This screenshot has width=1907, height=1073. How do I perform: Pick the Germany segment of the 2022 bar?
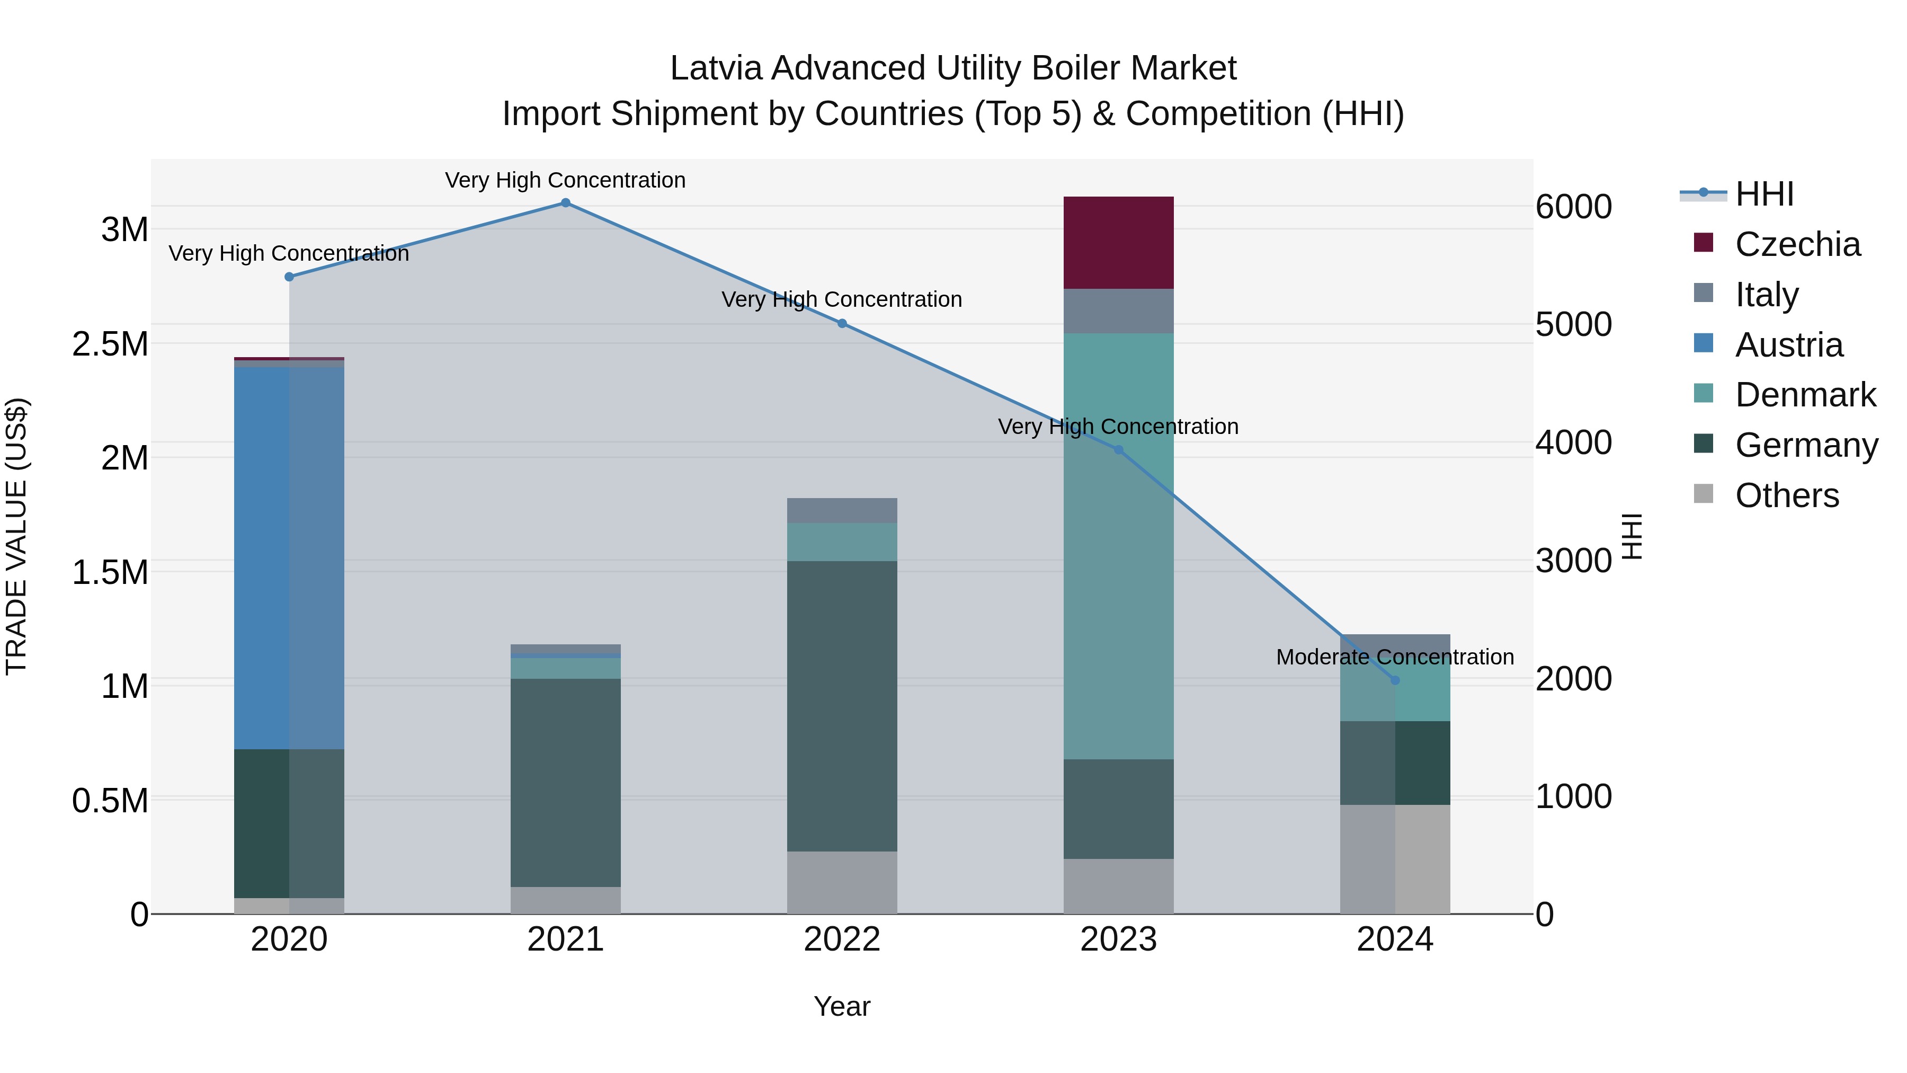[x=842, y=706]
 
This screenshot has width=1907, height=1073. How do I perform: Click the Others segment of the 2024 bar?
[x=1395, y=859]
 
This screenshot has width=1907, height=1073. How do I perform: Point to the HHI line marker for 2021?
[x=566, y=203]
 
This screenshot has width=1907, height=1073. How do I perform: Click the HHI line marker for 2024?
[x=1395, y=680]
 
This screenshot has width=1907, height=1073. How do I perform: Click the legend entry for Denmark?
[x=1804, y=395]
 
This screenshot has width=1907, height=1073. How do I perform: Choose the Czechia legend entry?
[x=1797, y=244]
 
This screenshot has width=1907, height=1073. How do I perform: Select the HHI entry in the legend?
[x=1763, y=194]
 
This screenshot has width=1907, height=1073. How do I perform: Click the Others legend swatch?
[x=1704, y=494]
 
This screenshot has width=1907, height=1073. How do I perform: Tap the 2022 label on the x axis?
[x=842, y=939]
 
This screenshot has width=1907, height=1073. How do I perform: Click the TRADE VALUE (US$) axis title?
[x=17, y=536]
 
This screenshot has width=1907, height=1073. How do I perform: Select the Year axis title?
[x=842, y=1006]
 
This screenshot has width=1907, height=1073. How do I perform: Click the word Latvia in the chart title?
[x=715, y=69]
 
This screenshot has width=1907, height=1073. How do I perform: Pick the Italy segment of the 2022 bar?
[x=842, y=510]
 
